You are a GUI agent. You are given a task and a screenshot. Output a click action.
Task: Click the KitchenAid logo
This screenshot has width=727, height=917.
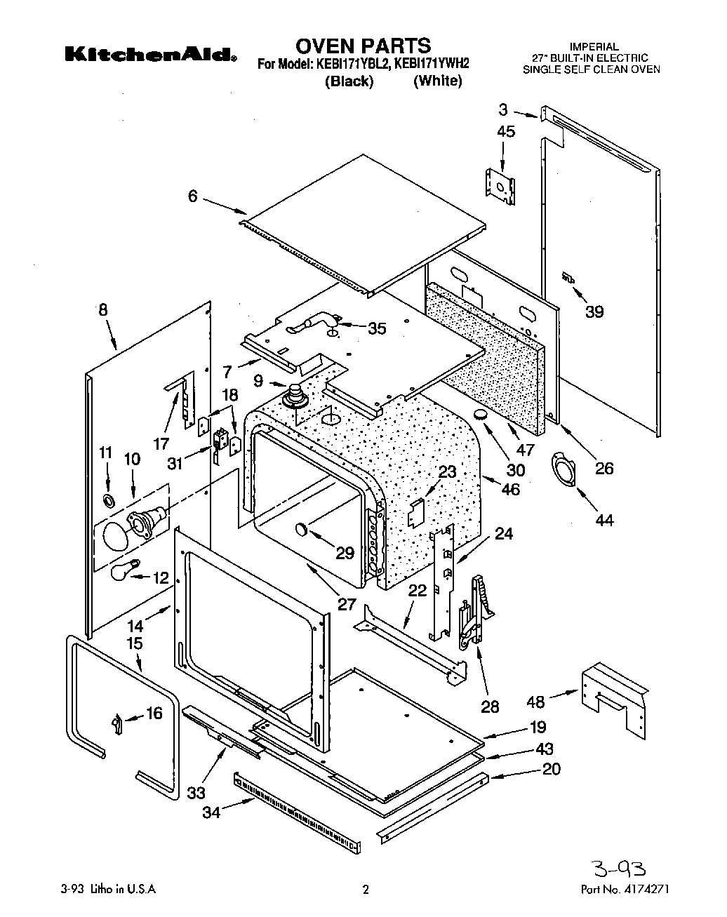(x=150, y=54)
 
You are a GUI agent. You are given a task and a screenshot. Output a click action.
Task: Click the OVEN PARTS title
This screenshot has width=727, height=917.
(x=363, y=46)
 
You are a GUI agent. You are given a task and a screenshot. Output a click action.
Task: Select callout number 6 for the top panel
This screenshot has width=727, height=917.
(x=192, y=197)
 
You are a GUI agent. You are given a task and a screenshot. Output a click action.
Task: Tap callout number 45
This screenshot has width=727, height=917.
(x=505, y=131)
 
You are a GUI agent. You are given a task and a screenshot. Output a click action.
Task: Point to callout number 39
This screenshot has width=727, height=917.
(x=594, y=311)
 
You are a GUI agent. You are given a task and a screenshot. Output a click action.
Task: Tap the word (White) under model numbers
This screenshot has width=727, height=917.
(x=437, y=81)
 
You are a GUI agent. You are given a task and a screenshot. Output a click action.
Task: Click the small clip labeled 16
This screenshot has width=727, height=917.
(x=116, y=723)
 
